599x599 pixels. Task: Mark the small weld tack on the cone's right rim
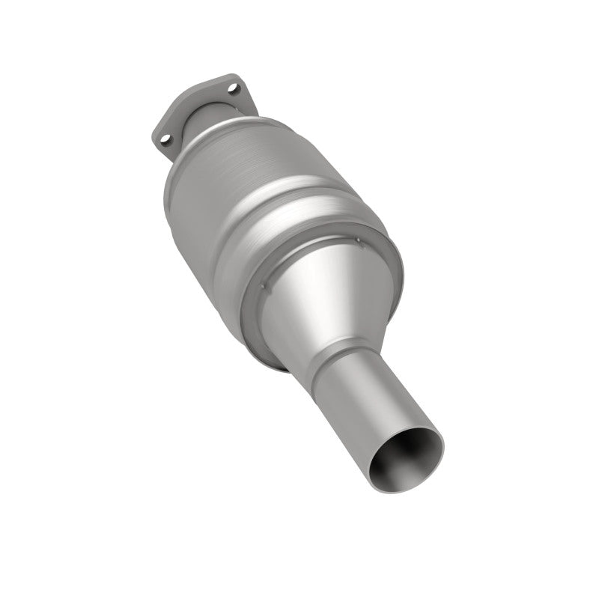point(358,241)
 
